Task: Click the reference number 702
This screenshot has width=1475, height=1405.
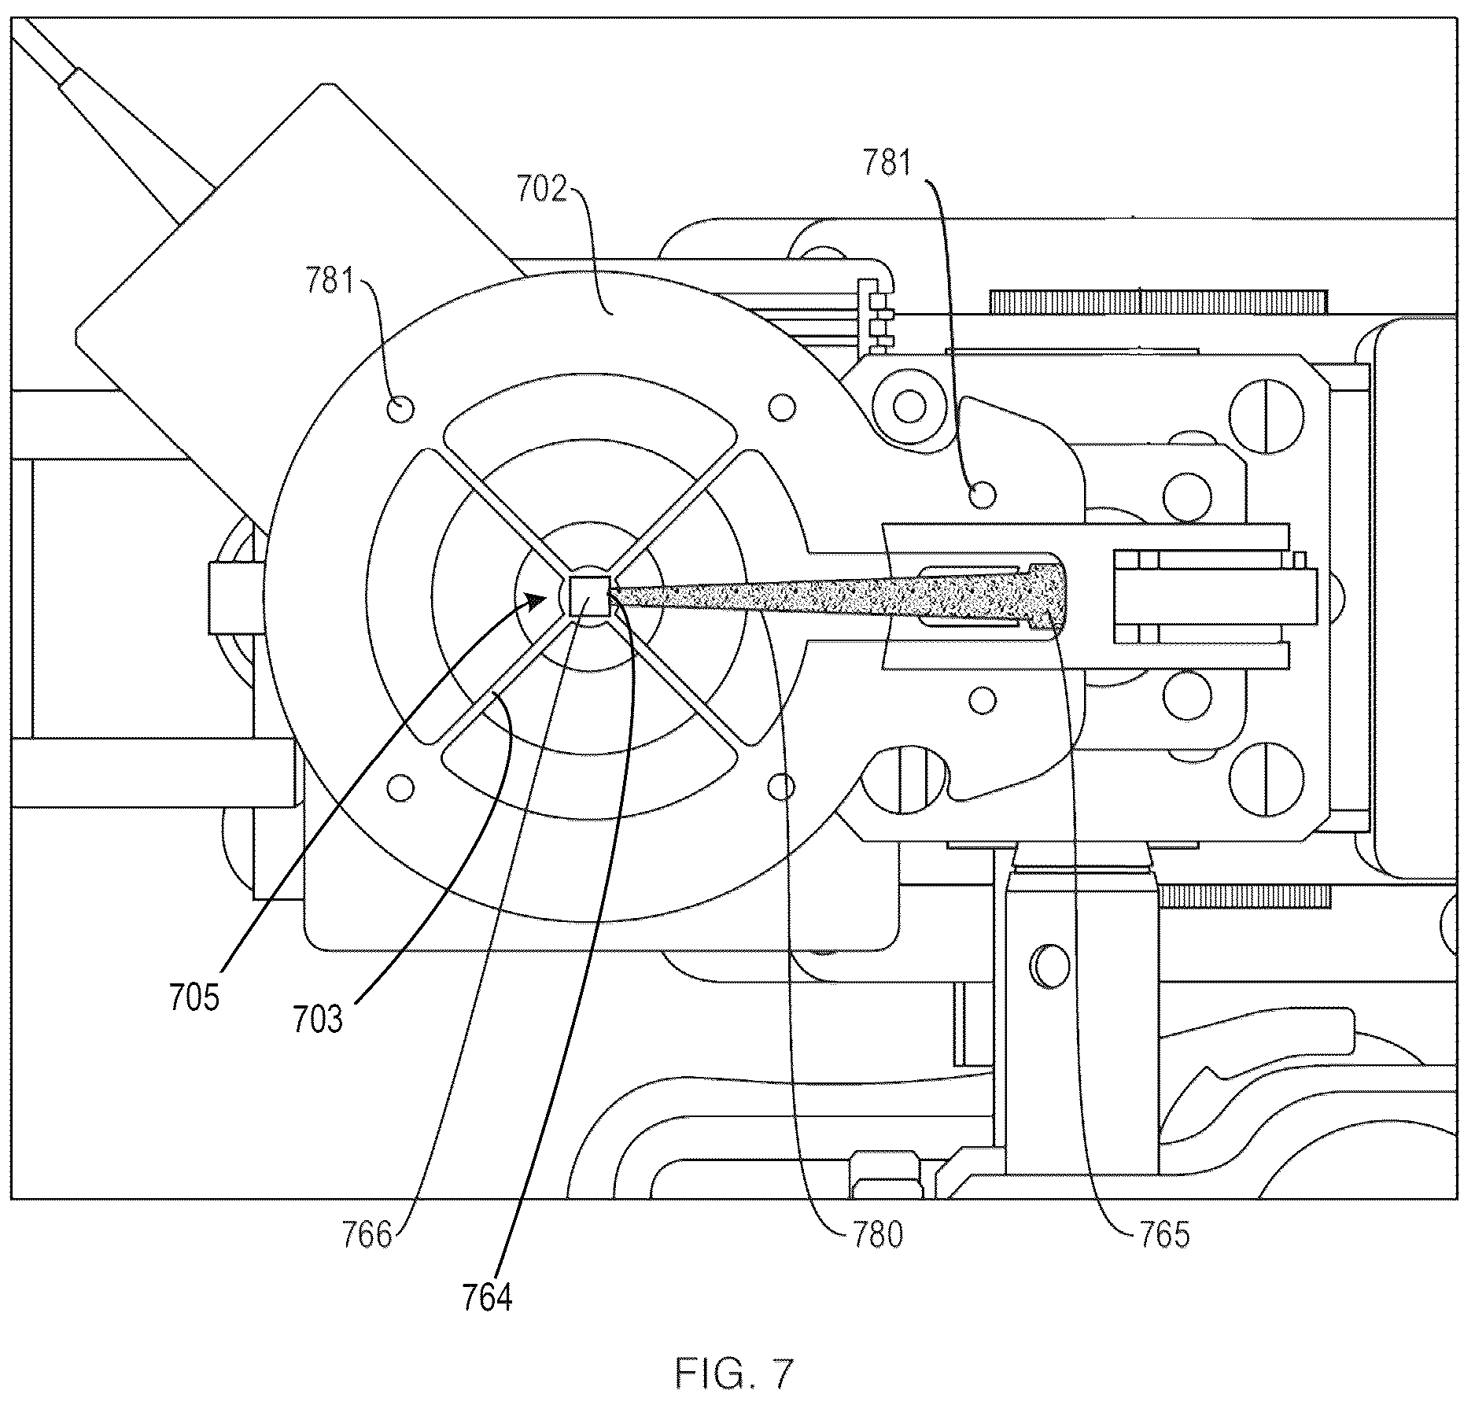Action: click(542, 190)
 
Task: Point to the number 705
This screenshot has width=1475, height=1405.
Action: click(194, 998)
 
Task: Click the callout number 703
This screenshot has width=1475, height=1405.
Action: click(317, 1020)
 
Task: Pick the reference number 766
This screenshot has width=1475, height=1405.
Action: click(367, 1234)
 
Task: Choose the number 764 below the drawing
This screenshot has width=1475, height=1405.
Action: click(487, 1298)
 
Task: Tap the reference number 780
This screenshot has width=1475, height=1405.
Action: click(876, 1235)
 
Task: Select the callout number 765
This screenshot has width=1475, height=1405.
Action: click(1163, 1235)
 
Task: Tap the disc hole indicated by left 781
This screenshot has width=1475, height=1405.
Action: click(401, 409)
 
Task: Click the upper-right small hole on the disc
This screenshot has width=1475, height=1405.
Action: click(781, 407)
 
